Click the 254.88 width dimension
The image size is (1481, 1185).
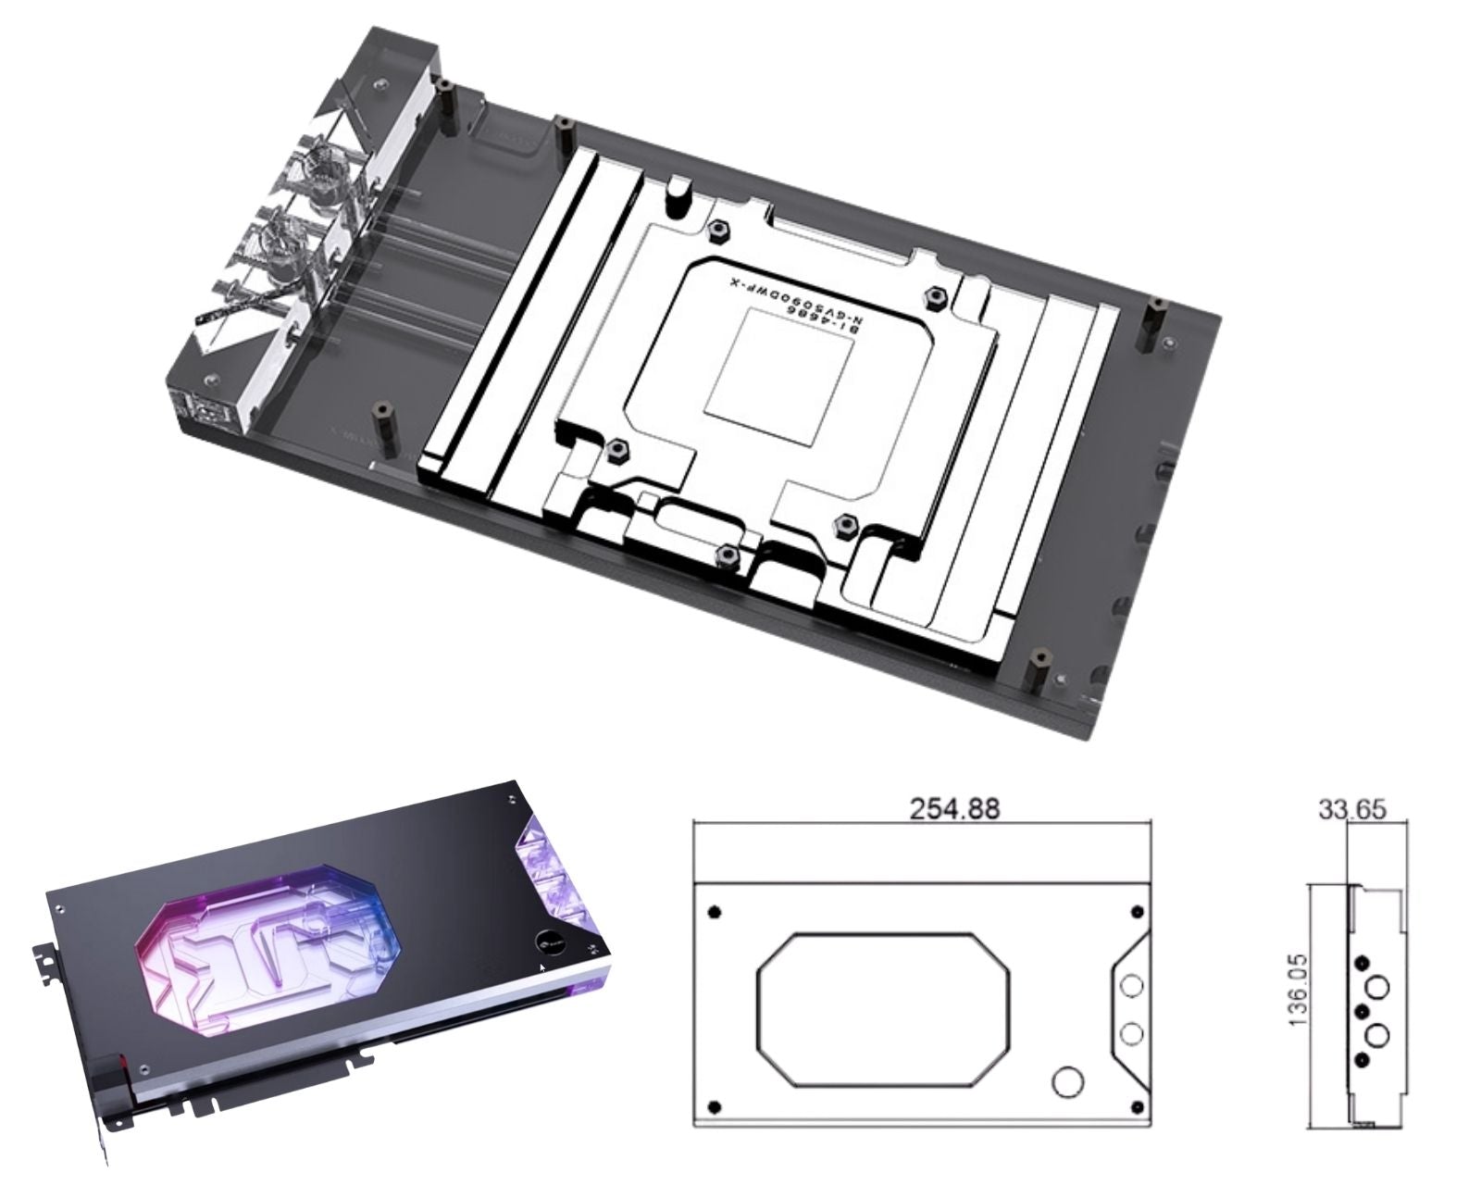pyautogui.click(x=954, y=808)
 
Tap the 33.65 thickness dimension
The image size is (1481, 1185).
pyautogui.click(x=1351, y=810)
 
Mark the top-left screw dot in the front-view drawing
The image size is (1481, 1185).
pyautogui.click(x=713, y=913)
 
